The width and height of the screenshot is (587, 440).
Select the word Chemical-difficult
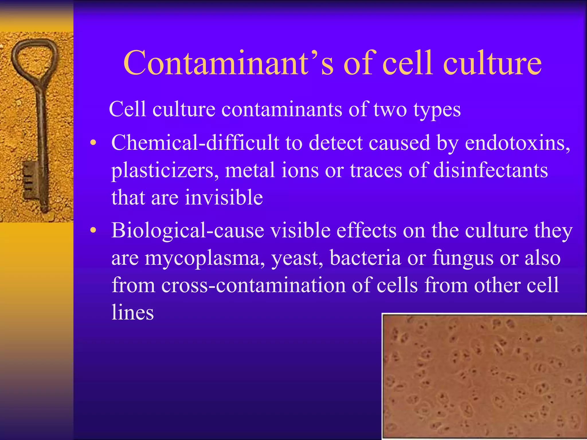195,143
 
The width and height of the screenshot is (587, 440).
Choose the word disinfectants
490,170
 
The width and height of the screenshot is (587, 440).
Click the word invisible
224,197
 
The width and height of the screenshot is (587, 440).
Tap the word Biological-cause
187,230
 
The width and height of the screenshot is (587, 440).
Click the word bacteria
365,258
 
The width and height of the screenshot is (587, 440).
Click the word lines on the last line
132,312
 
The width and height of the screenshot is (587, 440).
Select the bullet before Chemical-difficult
93,143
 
